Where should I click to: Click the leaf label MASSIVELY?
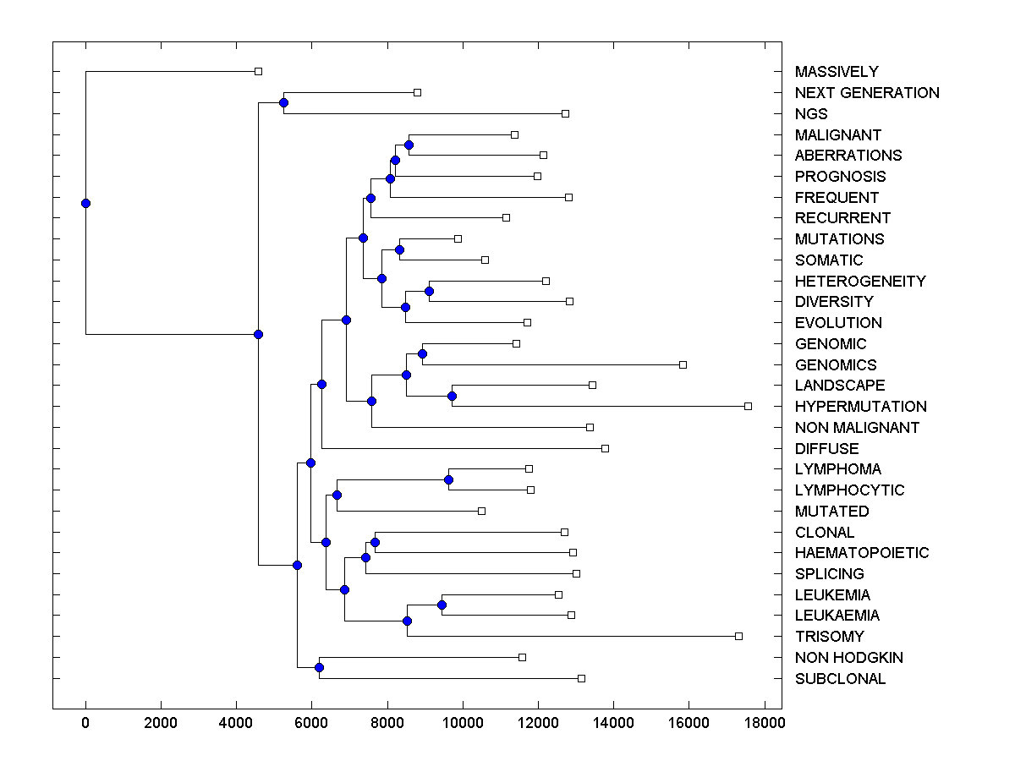tap(837, 72)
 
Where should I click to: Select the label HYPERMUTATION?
tap(860, 407)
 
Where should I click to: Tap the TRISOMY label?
tap(829, 637)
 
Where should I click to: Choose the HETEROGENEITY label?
tap(860, 282)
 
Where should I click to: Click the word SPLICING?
tap(829, 574)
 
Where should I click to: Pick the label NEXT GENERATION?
tap(867, 93)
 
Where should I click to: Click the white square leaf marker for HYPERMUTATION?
tap(748, 407)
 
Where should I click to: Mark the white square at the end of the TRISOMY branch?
tap(738, 636)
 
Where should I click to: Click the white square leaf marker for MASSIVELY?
tap(259, 72)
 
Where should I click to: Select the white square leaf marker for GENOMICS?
tap(683, 364)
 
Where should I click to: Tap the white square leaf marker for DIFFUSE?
tap(605, 448)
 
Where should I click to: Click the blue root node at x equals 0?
tap(85, 203)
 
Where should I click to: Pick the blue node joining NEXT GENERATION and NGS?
tap(283, 103)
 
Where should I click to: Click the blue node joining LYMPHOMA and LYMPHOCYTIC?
tap(448, 479)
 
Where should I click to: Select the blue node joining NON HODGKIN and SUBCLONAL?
tap(319, 668)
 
